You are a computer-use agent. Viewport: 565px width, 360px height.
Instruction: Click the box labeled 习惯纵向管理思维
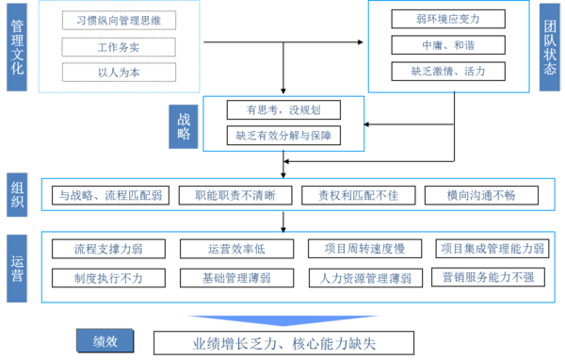pos(119,20)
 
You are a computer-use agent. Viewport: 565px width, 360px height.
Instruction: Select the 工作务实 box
pos(119,47)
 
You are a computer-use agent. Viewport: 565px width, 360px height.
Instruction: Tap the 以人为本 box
pos(119,73)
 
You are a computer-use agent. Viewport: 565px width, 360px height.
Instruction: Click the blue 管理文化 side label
pos(17,47)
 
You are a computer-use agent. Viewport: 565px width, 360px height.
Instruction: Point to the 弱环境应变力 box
pos(448,19)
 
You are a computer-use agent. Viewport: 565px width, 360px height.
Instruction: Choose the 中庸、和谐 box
pos(448,45)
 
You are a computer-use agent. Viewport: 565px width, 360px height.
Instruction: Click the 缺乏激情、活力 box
pos(448,71)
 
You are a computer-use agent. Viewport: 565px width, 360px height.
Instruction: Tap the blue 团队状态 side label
pos(550,47)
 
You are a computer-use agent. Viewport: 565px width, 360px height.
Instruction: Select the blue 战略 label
pos(184,126)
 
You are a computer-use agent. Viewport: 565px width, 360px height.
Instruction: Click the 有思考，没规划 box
pos(283,109)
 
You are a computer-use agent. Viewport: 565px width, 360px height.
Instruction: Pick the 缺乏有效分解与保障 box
pos(283,136)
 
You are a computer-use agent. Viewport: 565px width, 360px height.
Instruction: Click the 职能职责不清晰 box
pos(235,195)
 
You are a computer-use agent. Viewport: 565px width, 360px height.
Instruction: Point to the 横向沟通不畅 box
pos(481,195)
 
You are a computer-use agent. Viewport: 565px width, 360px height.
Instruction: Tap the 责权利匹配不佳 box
pos(359,195)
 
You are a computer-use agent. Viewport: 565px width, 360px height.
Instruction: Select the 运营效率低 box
pos(236,249)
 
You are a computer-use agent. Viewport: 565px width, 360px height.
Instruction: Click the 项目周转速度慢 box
pos(364,249)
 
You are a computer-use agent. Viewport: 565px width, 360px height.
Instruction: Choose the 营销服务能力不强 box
pos(488,277)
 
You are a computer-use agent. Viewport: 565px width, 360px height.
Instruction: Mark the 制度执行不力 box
pos(108,278)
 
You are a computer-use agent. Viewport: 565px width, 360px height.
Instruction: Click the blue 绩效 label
pos(105,341)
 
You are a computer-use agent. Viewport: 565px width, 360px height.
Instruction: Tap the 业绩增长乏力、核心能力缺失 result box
pos(284,343)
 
